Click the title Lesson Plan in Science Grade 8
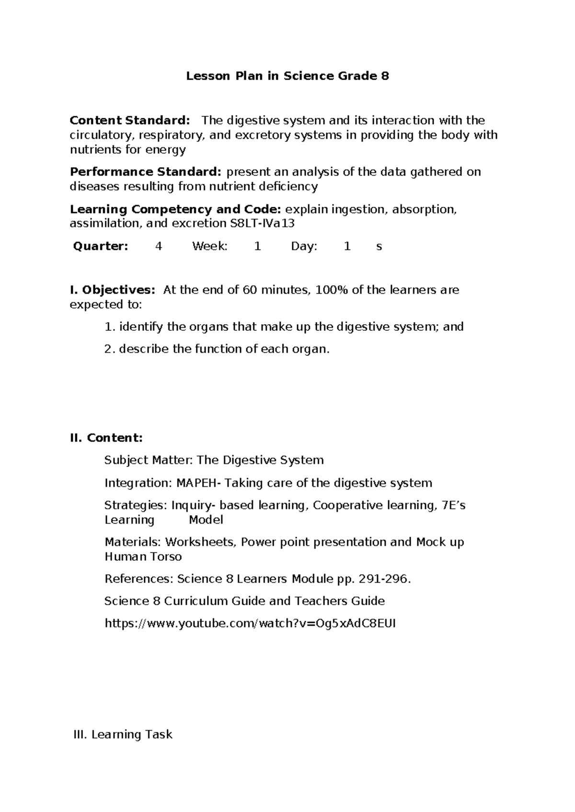point(287,76)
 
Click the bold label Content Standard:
point(130,120)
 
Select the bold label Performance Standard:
point(146,171)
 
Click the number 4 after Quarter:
point(159,247)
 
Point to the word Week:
point(210,247)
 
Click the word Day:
point(304,247)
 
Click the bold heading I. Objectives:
point(113,290)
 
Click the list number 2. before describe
point(110,349)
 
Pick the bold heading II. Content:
point(106,438)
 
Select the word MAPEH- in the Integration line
point(199,483)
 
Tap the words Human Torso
point(143,557)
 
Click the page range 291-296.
point(384,579)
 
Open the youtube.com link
point(250,623)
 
